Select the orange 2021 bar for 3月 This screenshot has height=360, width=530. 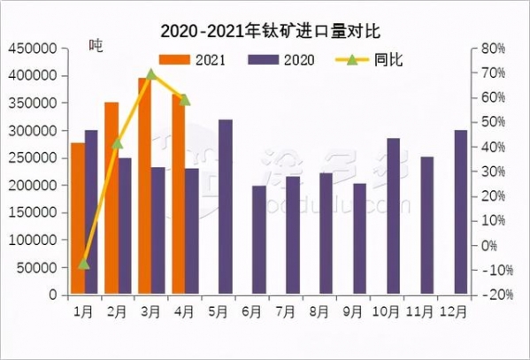(144, 186)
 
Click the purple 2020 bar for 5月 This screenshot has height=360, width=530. (226, 206)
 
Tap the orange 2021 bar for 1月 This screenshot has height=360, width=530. (78, 218)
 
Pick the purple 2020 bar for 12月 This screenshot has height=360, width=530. (460, 211)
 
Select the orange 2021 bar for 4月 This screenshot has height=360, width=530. (179, 195)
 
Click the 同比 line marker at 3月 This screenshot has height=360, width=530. (151, 73)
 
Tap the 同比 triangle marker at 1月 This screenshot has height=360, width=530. (84, 264)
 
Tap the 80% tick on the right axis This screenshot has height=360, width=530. (493, 49)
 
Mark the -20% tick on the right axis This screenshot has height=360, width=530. (492, 295)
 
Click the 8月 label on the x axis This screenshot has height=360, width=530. (325, 311)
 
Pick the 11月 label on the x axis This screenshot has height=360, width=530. (426, 311)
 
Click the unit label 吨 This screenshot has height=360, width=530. (96, 46)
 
